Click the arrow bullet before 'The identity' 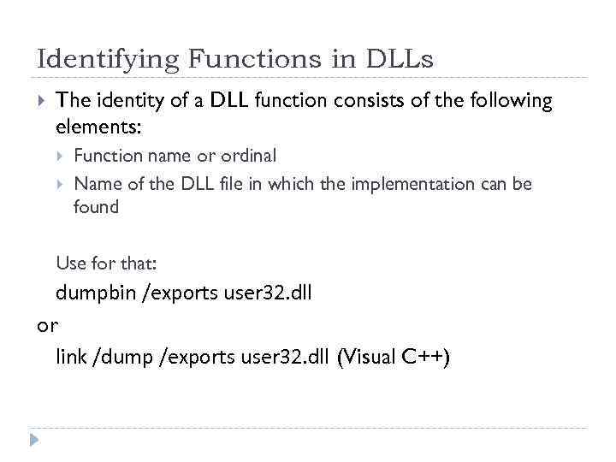42,101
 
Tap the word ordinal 249,156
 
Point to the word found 96,207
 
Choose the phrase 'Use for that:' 106,262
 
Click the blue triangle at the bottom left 33,441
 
